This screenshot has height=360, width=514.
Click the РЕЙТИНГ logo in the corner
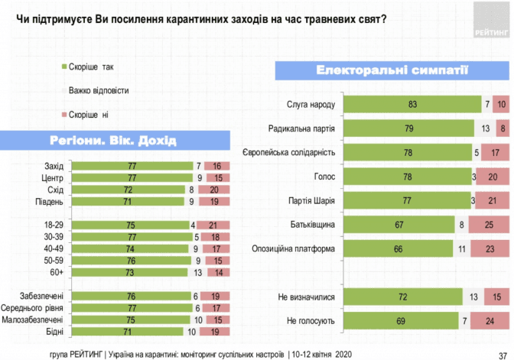(x=490, y=22)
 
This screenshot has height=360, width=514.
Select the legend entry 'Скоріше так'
(x=91, y=66)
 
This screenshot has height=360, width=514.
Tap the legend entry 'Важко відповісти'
(x=98, y=90)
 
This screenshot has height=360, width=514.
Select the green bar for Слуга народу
(x=412, y=103)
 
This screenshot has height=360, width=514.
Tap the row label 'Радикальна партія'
(x=303, y=128)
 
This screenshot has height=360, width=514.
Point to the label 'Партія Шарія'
(x=312, y=199)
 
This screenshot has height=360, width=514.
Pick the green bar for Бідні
(x=128, y=331)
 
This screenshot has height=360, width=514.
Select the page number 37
(x=502, y=352)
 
